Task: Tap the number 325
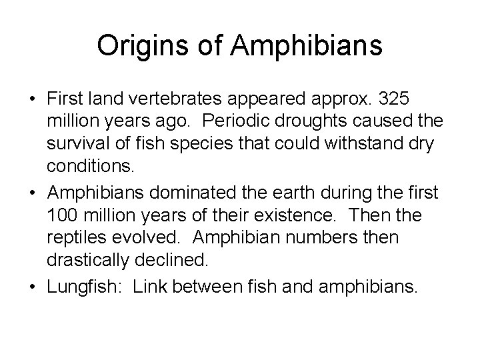point(396,99)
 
